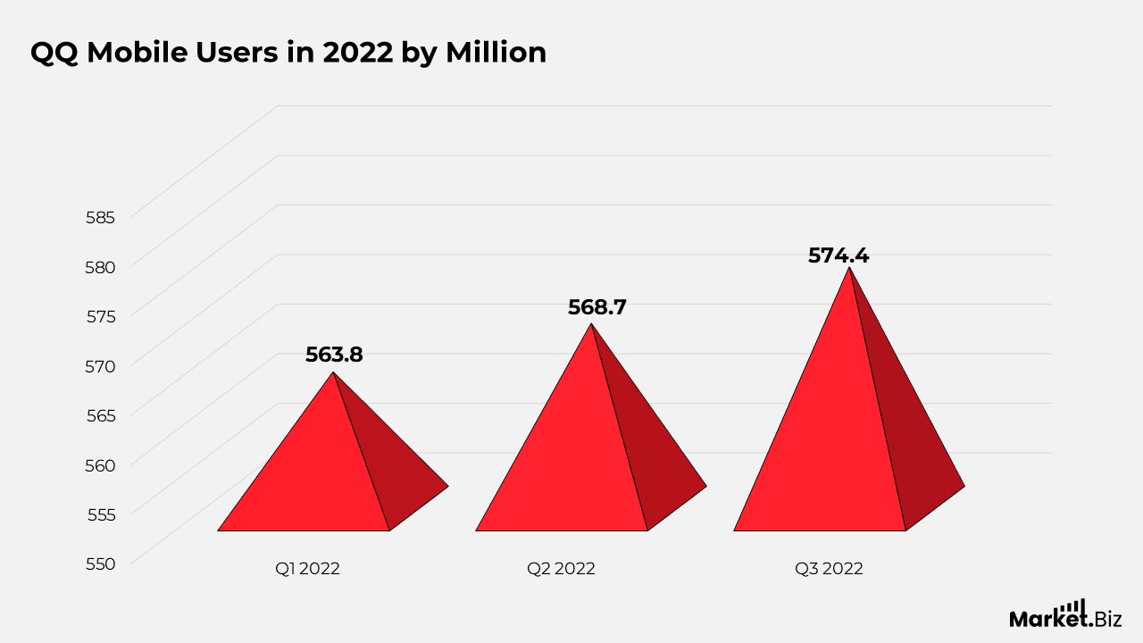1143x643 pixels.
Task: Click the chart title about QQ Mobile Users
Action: pyautogui.click(x=288, y=53)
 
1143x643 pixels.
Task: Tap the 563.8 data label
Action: pyautogui.click(x=334, y=355)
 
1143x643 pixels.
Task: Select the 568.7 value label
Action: pyautogui.click(x=597, y=307)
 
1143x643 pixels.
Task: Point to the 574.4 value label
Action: pyautogui.click(x=838, y=255)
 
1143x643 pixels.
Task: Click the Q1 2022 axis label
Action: pyautogui.click(x=307, y=569)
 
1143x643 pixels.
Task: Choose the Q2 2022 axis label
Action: pyautogui.click(x=561, y=569)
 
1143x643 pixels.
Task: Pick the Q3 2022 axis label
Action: pyautogui.click(x=829, y=569)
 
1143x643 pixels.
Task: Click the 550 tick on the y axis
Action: pyautogui.click(x=101, y=564)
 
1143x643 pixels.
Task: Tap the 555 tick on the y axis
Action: pyautogui.click(x=101, y=514)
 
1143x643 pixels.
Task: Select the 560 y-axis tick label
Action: pyautogui.click(x=101, y=465)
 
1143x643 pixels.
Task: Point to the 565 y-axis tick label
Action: pyautogui.click(x=101, y=415)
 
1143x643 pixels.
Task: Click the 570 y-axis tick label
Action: pyautogui.click(x=101, y=366)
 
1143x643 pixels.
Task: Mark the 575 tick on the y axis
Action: pyautogui.click(x=101, y=316)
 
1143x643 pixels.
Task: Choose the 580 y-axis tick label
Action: pyautogui.click(x=101, y=267)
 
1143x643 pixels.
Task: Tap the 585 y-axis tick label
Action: pyautogui.click(x=101, y=217)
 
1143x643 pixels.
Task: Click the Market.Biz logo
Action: pyautogui.click(x=1065, y=614)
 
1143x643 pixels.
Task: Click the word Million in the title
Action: pyautogui.click(x=496, y=53)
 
